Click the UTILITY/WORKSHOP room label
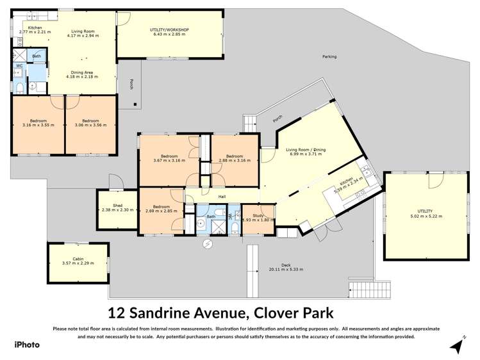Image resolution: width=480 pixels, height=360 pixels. (170, 29)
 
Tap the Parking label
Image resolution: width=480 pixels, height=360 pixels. (329, 57)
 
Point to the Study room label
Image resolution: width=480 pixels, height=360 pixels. (258, 216)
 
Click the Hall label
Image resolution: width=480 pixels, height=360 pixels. (222, 197)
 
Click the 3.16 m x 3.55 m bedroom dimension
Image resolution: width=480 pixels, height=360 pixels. (38, 125)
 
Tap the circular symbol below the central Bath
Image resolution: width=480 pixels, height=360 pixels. (207, 244)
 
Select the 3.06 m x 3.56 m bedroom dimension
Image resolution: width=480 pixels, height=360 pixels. (90, 125)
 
